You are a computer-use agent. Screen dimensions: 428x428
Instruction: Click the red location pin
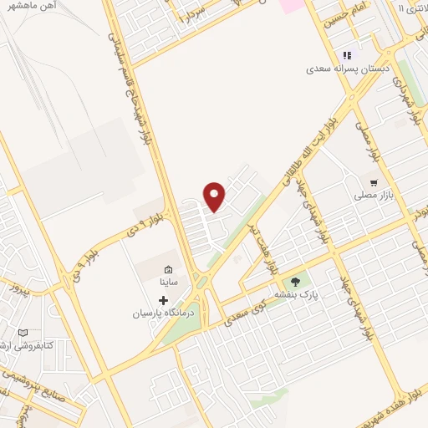coord(216,196)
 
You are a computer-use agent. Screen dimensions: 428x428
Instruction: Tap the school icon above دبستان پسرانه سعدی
coord(347,56)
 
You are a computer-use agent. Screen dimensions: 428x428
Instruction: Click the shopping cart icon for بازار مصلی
coord(373,181)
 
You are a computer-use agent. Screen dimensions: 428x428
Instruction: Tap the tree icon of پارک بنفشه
coord(294,283)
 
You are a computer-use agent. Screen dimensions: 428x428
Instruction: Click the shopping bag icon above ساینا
coord(169,269)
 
